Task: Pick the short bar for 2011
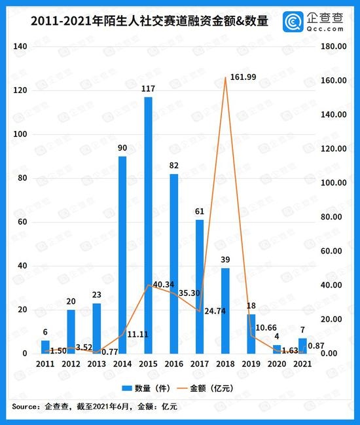(x=45, y=346)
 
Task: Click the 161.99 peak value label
(x=243, y=77)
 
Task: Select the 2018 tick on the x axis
(x=225, y=363)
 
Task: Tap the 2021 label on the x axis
(x=302, y=363)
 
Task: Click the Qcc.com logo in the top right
(x=314, y=21)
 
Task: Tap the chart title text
(x=140, y=22)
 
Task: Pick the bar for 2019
(x=251, y=333)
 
